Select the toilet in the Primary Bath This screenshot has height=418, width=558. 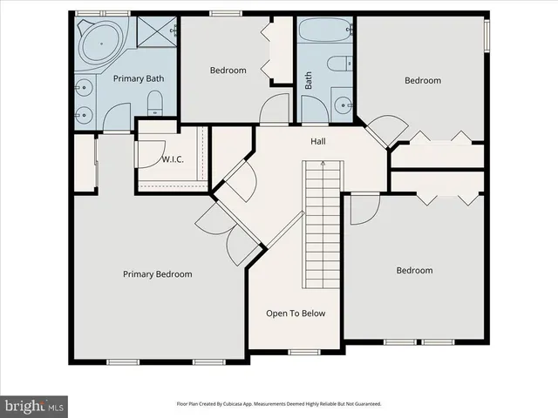click(154, 105)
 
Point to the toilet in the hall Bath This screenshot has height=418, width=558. click(338, 66)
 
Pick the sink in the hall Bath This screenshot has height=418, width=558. click(339, 105)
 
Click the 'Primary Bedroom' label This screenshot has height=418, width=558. click(157, 274)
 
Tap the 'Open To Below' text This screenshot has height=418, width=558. click(296, 313)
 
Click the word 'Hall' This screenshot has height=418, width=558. click(319, 140)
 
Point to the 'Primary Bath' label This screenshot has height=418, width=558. click(139, 78)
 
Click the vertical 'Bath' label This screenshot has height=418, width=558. click(308, 80)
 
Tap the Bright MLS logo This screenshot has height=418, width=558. click(35, 405)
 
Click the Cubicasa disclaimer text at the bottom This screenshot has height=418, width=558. click(279, 404)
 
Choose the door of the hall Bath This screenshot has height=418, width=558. click(311, 111)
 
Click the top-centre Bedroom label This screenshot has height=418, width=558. click(228, 71)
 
